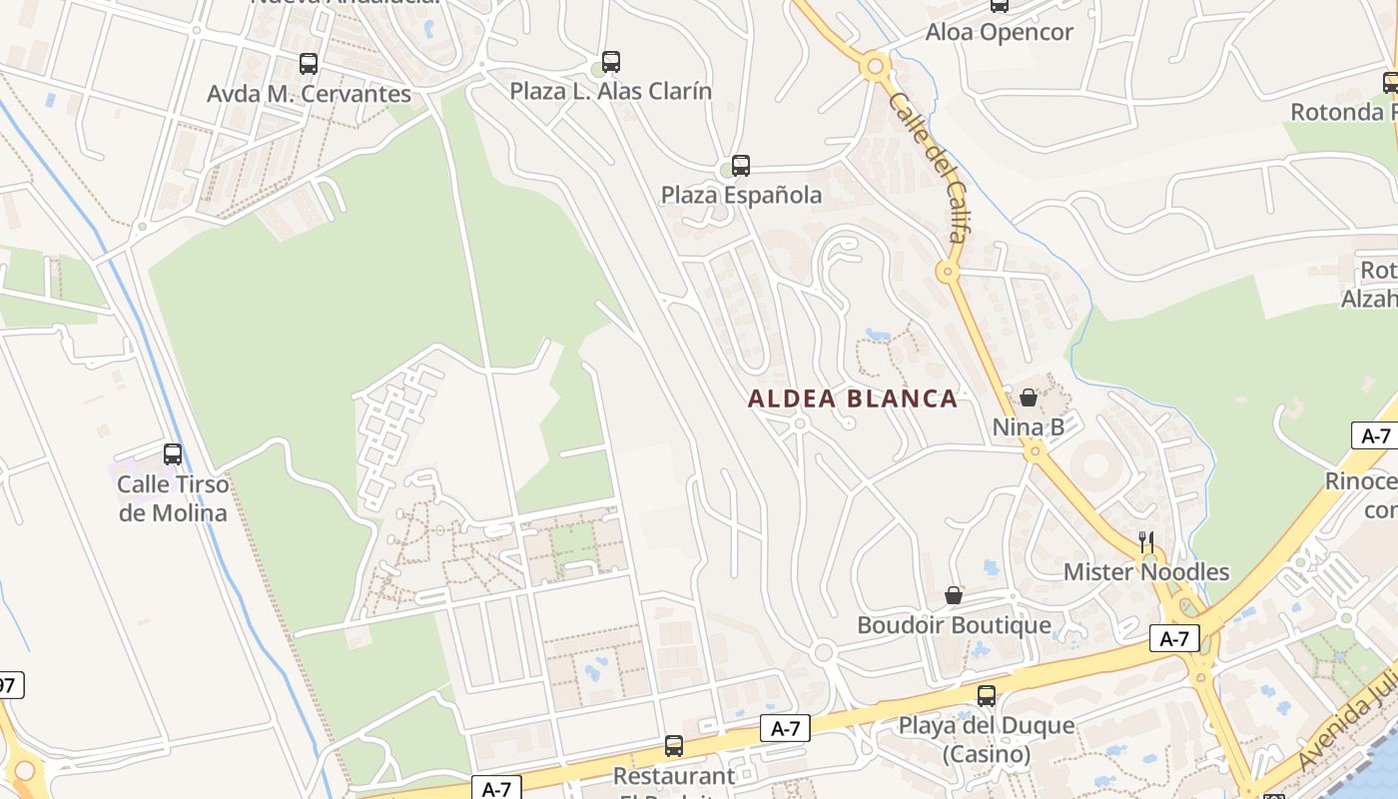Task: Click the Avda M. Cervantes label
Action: click(309, 94)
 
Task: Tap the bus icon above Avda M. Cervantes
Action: click(309, 64)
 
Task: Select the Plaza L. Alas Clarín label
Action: click(611, 91)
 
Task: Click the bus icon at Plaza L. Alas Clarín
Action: click(611, 62)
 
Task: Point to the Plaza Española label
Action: click(741, 195)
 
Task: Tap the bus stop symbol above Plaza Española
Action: click(741, 166)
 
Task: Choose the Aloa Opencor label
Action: click(999, 32)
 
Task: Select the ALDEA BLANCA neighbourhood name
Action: click(853, 399)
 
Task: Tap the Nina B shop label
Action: click(1028, 427)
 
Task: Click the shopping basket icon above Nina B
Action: click(1029, 398)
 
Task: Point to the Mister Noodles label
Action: click(1146, 572)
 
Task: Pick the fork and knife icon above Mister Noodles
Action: click(1146, 542)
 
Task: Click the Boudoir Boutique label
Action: click(954, 625)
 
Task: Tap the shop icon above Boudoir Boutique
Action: click(954, 596)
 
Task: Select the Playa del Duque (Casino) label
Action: click(987, 739)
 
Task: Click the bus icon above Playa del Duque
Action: click(987, 696)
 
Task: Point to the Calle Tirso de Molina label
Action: click(173, 498)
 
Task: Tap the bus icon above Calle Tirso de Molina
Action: click(173, 454)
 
